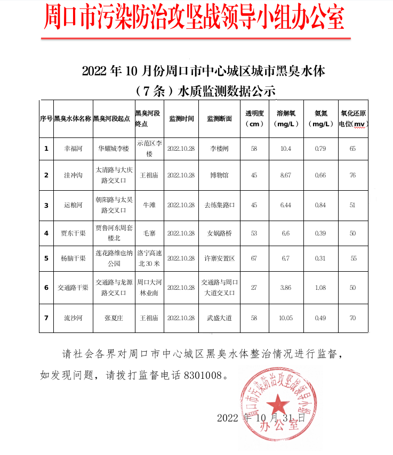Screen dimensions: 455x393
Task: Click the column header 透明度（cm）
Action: (x=254, y=119)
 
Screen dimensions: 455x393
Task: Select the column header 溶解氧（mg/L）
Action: (x=286, y=119)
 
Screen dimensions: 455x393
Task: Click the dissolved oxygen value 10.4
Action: (x=286, y=149)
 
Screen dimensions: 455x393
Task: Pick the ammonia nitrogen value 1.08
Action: (x=320, y=288)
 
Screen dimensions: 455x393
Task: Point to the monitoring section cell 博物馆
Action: (x=219, y=175)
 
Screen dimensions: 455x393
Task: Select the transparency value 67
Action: (x=254, y=258)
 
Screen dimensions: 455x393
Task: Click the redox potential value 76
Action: (x=352, y=175)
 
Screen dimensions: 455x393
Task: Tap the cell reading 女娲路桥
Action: (x=219, y=233)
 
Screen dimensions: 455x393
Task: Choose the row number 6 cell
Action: (x=46, y=288)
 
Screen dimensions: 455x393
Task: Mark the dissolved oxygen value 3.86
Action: (x=286, y=288)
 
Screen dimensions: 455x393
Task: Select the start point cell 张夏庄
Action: (x=114, y=318)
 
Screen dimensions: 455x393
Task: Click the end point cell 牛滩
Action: (x=149, y=205)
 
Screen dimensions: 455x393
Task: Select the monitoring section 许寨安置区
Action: (x=219, y=258)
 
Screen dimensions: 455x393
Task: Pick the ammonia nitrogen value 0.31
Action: (x=320, y=258)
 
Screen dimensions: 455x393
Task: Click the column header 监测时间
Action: (x=181, y=119)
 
